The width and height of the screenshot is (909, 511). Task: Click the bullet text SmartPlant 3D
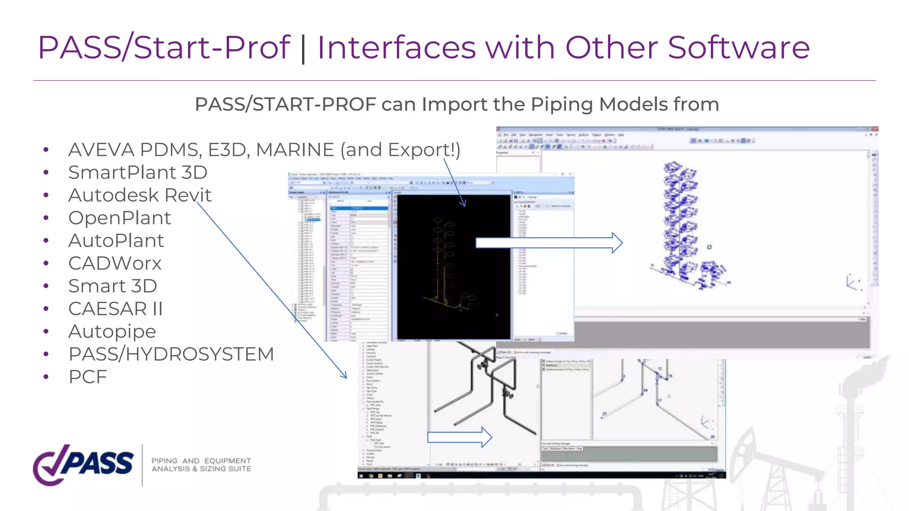coord(138,173)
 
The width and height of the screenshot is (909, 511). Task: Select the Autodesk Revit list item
coord(140,195)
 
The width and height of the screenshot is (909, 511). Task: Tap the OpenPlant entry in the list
coord(119,218)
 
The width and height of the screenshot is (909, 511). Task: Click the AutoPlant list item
coord(116,241)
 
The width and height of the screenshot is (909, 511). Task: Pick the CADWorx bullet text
coord(115,263)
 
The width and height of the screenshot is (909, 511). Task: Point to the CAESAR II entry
coord(115,309)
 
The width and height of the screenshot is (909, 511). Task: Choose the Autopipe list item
coord(112,332)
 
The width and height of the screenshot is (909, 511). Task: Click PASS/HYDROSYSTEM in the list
coord(171,354)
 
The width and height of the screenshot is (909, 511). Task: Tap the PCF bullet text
coord(87,377)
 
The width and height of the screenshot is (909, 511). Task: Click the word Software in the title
coord(739,47)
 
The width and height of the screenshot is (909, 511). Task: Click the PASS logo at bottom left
coord(83,464)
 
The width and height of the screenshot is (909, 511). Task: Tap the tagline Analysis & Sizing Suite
coord(201,469)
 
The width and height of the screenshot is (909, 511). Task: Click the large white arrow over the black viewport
coord(549,243)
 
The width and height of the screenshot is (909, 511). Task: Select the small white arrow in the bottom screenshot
coord(459,437)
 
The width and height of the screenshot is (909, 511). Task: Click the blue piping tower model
coord(684,226)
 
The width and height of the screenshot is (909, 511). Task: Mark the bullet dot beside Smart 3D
coord(46,287)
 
